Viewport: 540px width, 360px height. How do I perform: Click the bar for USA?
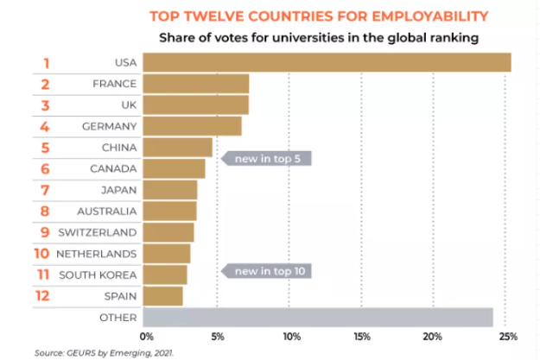point(326,63)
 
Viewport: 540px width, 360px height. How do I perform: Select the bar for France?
point(195,84)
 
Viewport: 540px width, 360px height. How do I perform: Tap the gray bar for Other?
point(317,318)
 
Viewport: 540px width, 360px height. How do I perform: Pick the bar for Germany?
point(192,126)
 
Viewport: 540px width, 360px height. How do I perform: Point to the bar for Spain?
point(162,296)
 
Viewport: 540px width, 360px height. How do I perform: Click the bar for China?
point(177,147)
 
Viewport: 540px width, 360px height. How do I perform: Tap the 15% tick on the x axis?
point(362,337)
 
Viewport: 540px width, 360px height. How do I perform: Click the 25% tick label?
point(507,337)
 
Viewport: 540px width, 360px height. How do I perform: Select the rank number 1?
point(47,63)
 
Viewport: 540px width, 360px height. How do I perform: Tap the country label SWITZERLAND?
point(98,232)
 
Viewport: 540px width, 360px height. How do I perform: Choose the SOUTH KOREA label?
point(98,275)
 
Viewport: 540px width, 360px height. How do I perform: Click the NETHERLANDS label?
point(96,254)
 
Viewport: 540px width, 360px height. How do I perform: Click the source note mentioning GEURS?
point(92,352)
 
